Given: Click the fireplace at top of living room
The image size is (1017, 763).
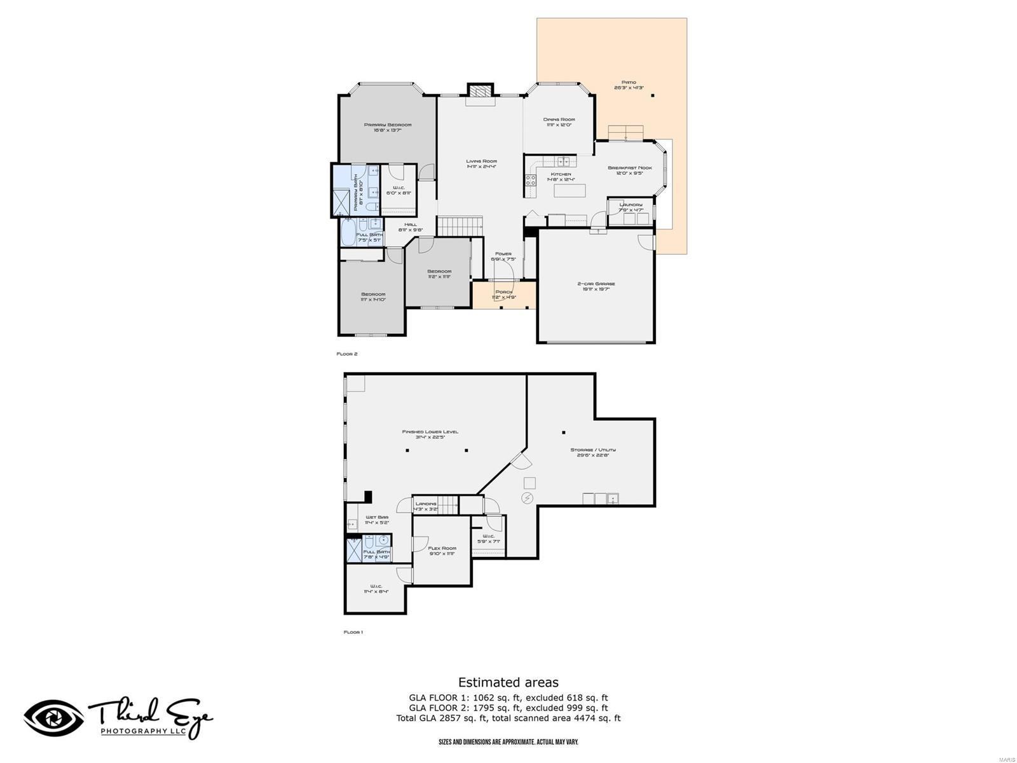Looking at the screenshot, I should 480,91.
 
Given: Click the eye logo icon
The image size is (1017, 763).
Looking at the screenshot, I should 53,718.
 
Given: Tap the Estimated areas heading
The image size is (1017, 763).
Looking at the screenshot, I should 508,682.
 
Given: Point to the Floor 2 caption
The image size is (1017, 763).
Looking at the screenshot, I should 347,354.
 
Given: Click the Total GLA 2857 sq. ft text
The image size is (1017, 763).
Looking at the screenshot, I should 458,718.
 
